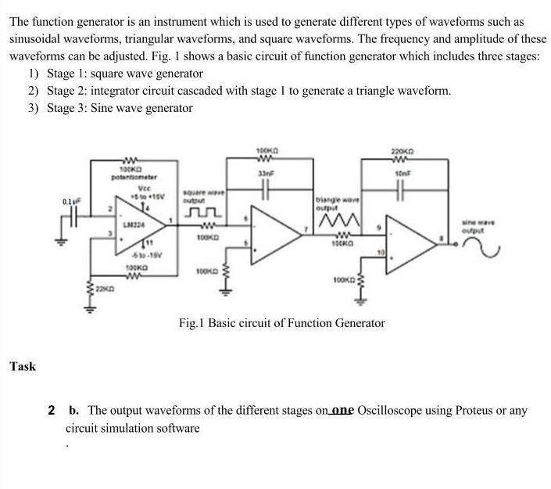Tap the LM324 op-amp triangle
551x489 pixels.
point(145,226)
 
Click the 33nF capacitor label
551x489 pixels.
point(267,172)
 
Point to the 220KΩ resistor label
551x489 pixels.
point(400,150)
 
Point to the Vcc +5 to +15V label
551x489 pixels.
point(145,192)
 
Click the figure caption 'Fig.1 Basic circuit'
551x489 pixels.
point(281,322)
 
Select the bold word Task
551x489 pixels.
point(23,366)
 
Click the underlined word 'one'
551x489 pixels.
point(342,411)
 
